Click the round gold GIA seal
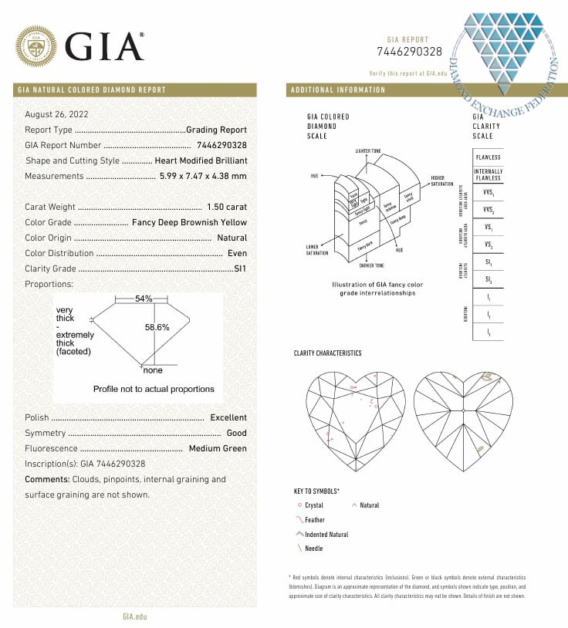point(37,46)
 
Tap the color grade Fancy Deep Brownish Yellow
point(190,222)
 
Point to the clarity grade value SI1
point(240,268)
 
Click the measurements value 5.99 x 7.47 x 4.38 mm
point(203,176)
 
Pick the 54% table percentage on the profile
point(144,299)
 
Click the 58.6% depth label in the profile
point(157,327)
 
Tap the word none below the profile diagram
point(152,371)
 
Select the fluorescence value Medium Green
point(217,448)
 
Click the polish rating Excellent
point(228,417)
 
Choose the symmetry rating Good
point(236,433)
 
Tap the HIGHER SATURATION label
point(441,181)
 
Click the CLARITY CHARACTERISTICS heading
point(327,353)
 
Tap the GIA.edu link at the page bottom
point(134,616)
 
